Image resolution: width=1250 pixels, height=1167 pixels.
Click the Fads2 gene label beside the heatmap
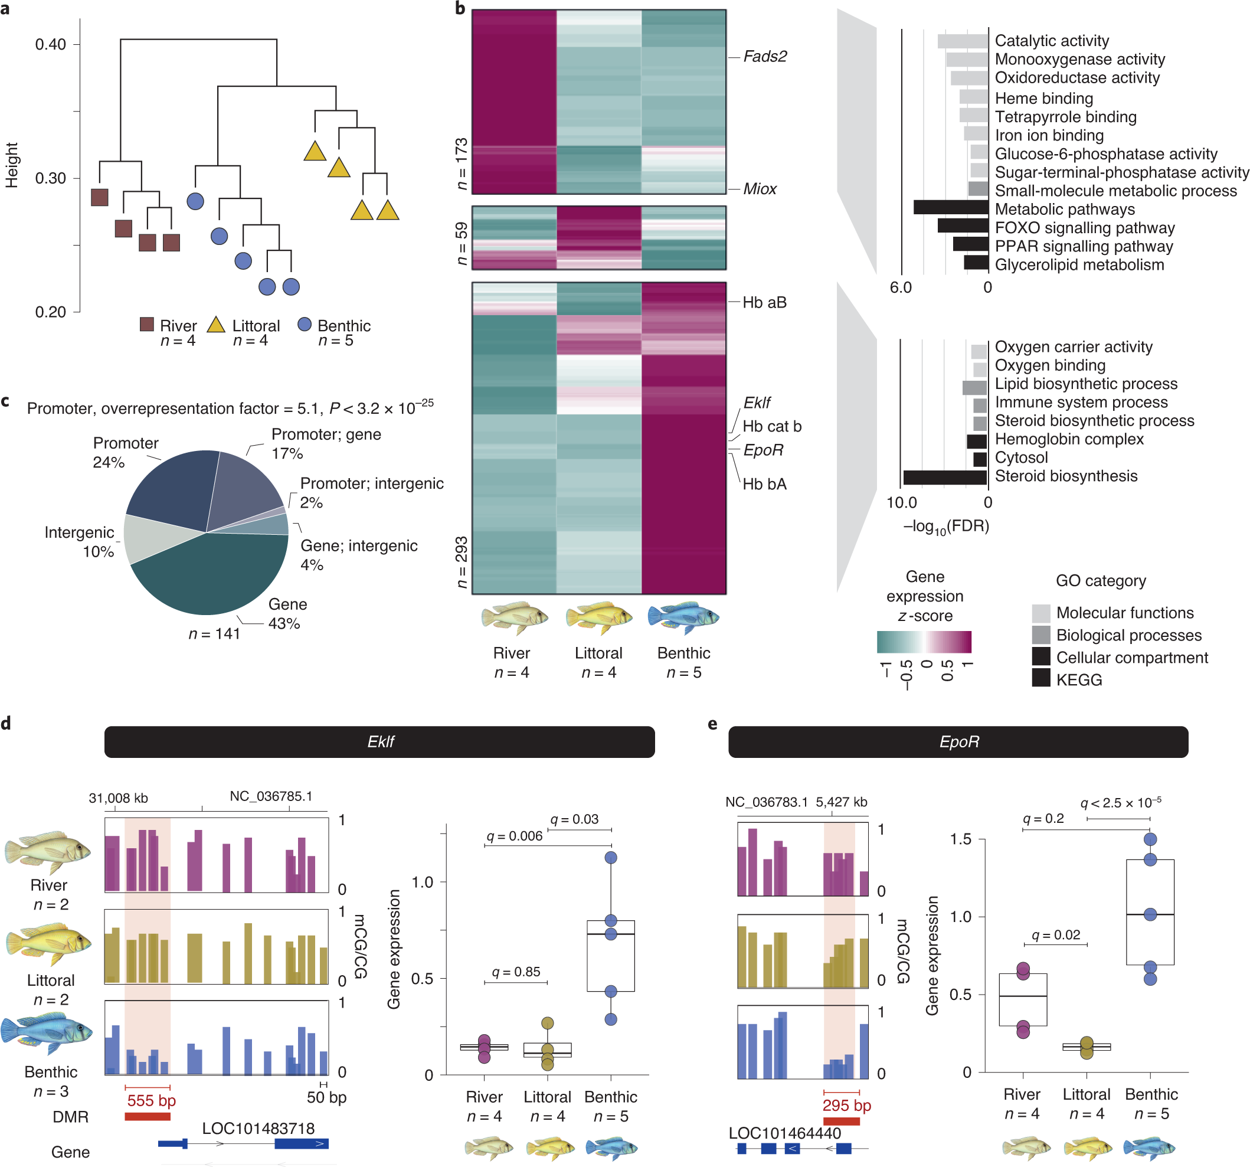tap(765, 57)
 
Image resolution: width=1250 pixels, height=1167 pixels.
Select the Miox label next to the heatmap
tap(760, 189)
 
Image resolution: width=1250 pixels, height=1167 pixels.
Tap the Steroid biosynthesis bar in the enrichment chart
tap(944, 477)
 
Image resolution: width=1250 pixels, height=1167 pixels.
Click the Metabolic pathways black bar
tap(950, 208)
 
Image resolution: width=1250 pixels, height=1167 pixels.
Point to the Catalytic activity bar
tap(962, 41)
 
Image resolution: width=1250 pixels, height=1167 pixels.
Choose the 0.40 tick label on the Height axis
tap(50, 45)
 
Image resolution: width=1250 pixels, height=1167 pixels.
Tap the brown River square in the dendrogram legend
tap(146, 325)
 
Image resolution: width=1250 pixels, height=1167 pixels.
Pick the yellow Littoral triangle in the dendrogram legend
tap(216, 325)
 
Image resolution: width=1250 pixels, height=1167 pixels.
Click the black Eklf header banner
tap(379, 742)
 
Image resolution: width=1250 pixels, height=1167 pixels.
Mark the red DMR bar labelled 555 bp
tap(147, 1117)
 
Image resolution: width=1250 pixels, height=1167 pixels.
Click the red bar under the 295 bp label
tap(840, 1122)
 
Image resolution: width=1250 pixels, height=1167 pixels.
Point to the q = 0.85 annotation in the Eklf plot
tap(516, 972)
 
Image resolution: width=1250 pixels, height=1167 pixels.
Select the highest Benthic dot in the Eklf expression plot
tap(610, 858)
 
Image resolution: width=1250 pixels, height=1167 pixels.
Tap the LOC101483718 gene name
tap(258, 1128)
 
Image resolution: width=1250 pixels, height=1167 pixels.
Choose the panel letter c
tap(6, 401)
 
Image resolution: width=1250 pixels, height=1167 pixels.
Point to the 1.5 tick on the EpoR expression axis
tap(960, 839)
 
